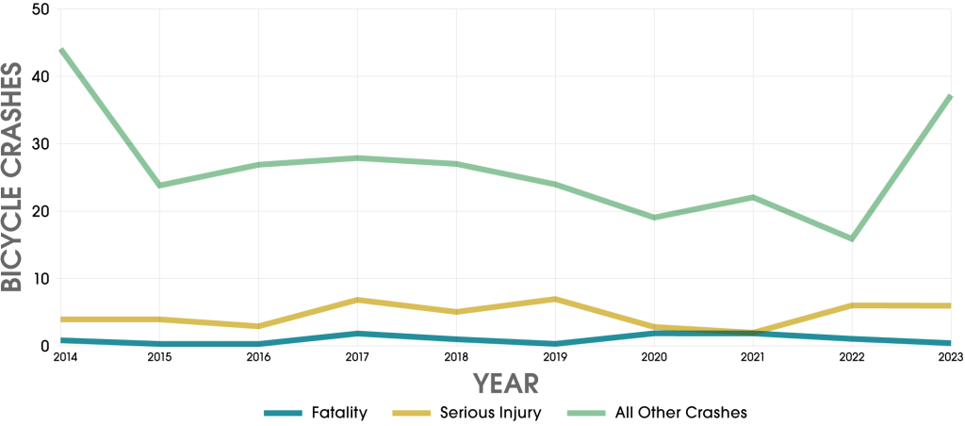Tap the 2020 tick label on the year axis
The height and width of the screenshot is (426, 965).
653,358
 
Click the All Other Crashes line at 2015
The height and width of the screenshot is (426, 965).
159,185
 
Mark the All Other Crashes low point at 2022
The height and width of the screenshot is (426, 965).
851,238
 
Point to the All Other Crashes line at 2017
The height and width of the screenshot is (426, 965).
357,157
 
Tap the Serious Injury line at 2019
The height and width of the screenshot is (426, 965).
555,299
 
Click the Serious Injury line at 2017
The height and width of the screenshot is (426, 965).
357,300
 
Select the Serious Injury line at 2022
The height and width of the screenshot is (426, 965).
851,305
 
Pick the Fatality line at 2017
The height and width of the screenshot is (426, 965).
357,334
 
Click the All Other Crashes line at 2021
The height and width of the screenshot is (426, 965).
752,197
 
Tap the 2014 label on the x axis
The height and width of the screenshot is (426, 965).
64,358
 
